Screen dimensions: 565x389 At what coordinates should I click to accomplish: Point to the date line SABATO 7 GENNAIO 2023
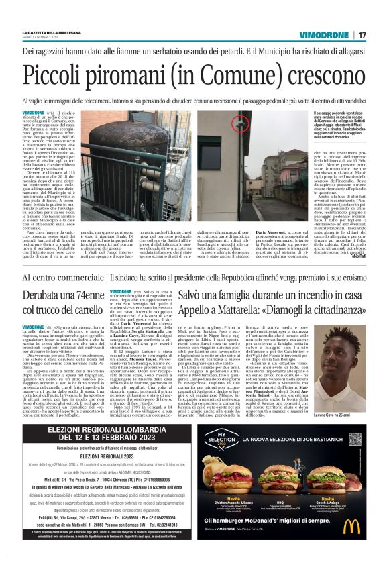(42, 38)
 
